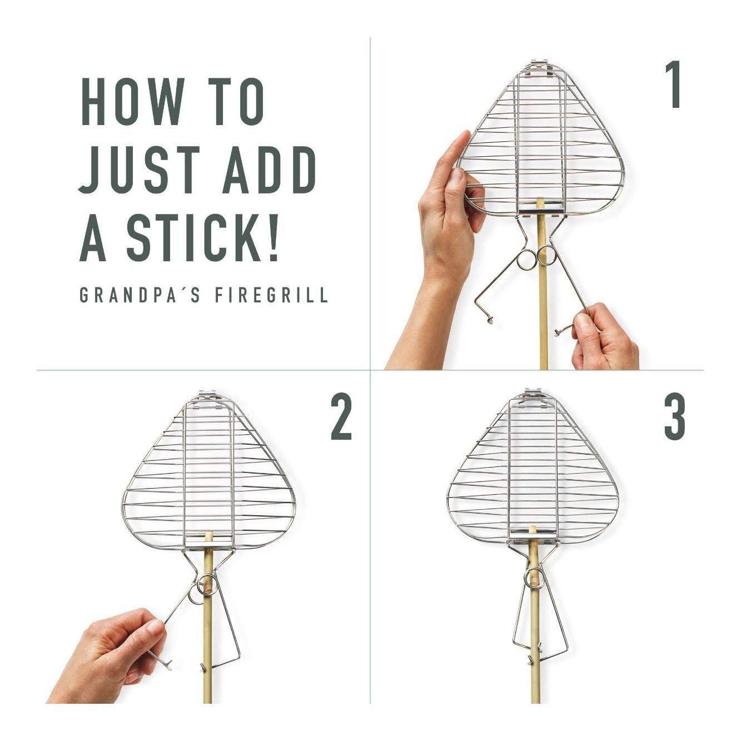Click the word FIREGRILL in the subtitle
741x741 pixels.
pyautogui.click(x=271, y=295)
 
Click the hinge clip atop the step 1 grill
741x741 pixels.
pyautogui.click(x=540, y=66)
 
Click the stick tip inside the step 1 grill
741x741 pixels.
pyautogui.click(x=540, y=203)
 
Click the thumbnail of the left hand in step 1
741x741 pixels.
pyautogui.click(x=457, y=175)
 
